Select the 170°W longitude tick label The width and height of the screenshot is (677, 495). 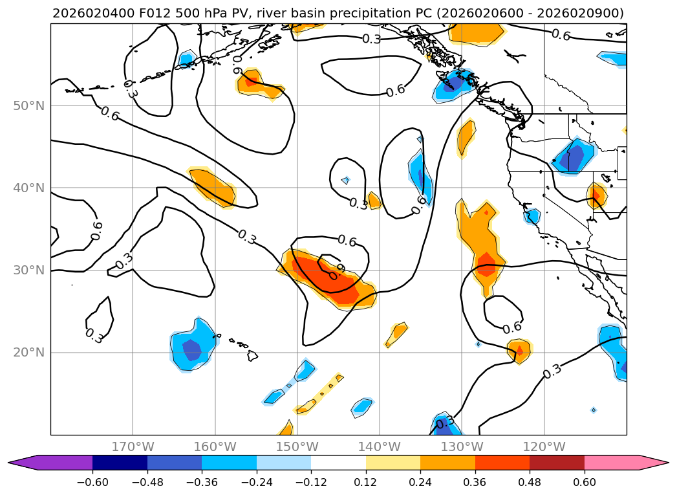(x=133, y=446)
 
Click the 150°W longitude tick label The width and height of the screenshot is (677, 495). (x=297, y=446)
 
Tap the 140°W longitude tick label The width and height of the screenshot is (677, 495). (x=380, y=446)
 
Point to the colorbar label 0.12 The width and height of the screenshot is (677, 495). (x=366, y=482)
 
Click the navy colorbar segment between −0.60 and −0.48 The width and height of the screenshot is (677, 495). (x=120, y=463)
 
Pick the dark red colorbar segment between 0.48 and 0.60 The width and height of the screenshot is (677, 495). (x=557, y=463)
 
